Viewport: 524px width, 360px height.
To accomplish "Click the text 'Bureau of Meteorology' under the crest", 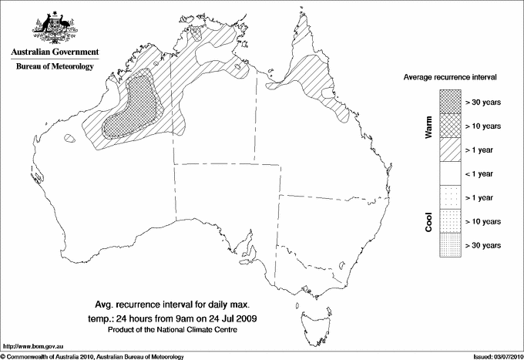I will [x=55, y=66].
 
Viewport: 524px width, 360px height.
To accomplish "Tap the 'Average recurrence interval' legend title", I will [x=455, y=78].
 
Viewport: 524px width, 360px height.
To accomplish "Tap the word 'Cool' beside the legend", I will [x=428, y=220].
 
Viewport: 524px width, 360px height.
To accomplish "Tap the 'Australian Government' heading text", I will [x=55, y=52].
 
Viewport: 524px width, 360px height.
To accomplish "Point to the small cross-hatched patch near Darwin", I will [x=197, y=34].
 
